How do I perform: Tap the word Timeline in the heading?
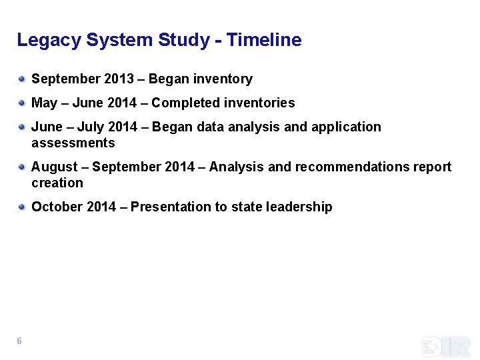pyautogui.click(x=264, y=40)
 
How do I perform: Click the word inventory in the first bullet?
pyautogui.click(x=223, y=79)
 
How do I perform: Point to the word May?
pyautogui.click(x=45, y=103)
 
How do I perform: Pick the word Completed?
pyautogui.click(x=190, y=103)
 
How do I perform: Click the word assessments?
pyautogui.click(x=73, y=143)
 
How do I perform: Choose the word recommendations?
pyautogui.click(x=345, y=167)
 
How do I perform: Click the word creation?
pyautogui.click(x=57, y=183)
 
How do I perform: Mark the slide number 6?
pyautogui.click(x=19, y=341)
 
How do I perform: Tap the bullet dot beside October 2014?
pyautogui.click(x=22, y=207)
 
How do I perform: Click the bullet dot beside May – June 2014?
pyautogui.click(x=22, y=103)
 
